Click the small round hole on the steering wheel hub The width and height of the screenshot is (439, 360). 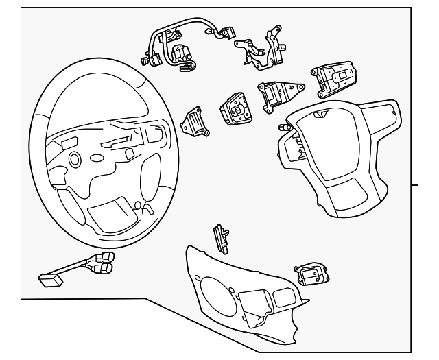click(x=73, y=159)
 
